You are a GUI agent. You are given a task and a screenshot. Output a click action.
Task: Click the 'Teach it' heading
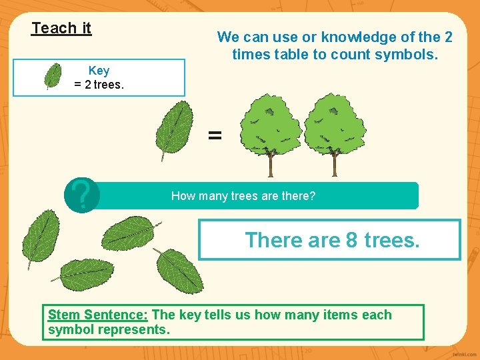61,28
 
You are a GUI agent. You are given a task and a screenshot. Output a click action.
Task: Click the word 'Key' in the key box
99,71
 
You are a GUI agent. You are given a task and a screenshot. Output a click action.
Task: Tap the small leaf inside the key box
53,75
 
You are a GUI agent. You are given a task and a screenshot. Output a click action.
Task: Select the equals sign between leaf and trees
214,135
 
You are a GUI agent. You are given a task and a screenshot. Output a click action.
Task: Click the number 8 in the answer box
352,239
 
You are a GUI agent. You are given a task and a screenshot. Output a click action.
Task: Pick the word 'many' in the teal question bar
219,196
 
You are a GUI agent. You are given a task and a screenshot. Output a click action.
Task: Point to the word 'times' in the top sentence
249,54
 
